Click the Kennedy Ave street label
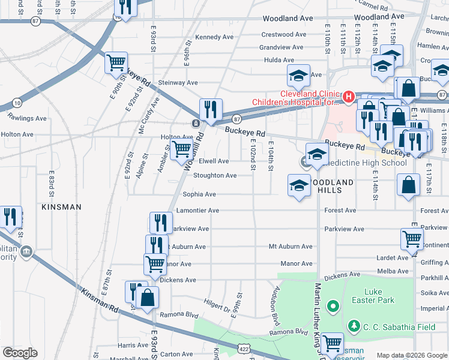tap(214, 37)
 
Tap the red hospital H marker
tap(348, 96)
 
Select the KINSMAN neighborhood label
tap(61, 206)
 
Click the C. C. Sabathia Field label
tap(387, 326)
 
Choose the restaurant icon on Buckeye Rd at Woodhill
tap(211, 109)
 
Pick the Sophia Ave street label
tap(199, 194)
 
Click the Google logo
tap(20, 353)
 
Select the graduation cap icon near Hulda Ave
tap(298, 75)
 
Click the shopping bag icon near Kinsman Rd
tap(147, 298)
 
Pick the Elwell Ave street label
tap(214, 161)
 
